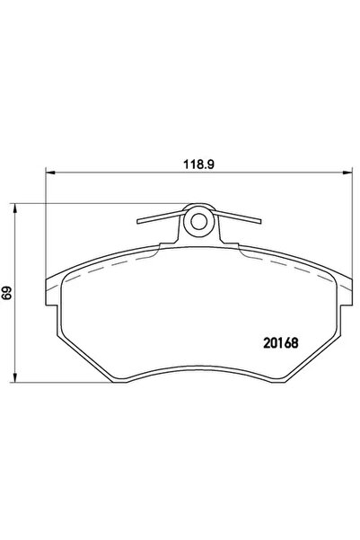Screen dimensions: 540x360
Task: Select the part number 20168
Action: pyautogui.click(x=280, y=342)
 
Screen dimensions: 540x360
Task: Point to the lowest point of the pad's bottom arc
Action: pyautogui.click(x=199, y=361)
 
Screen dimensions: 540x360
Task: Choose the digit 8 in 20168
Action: pyautogui.click(x=295, y=342)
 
